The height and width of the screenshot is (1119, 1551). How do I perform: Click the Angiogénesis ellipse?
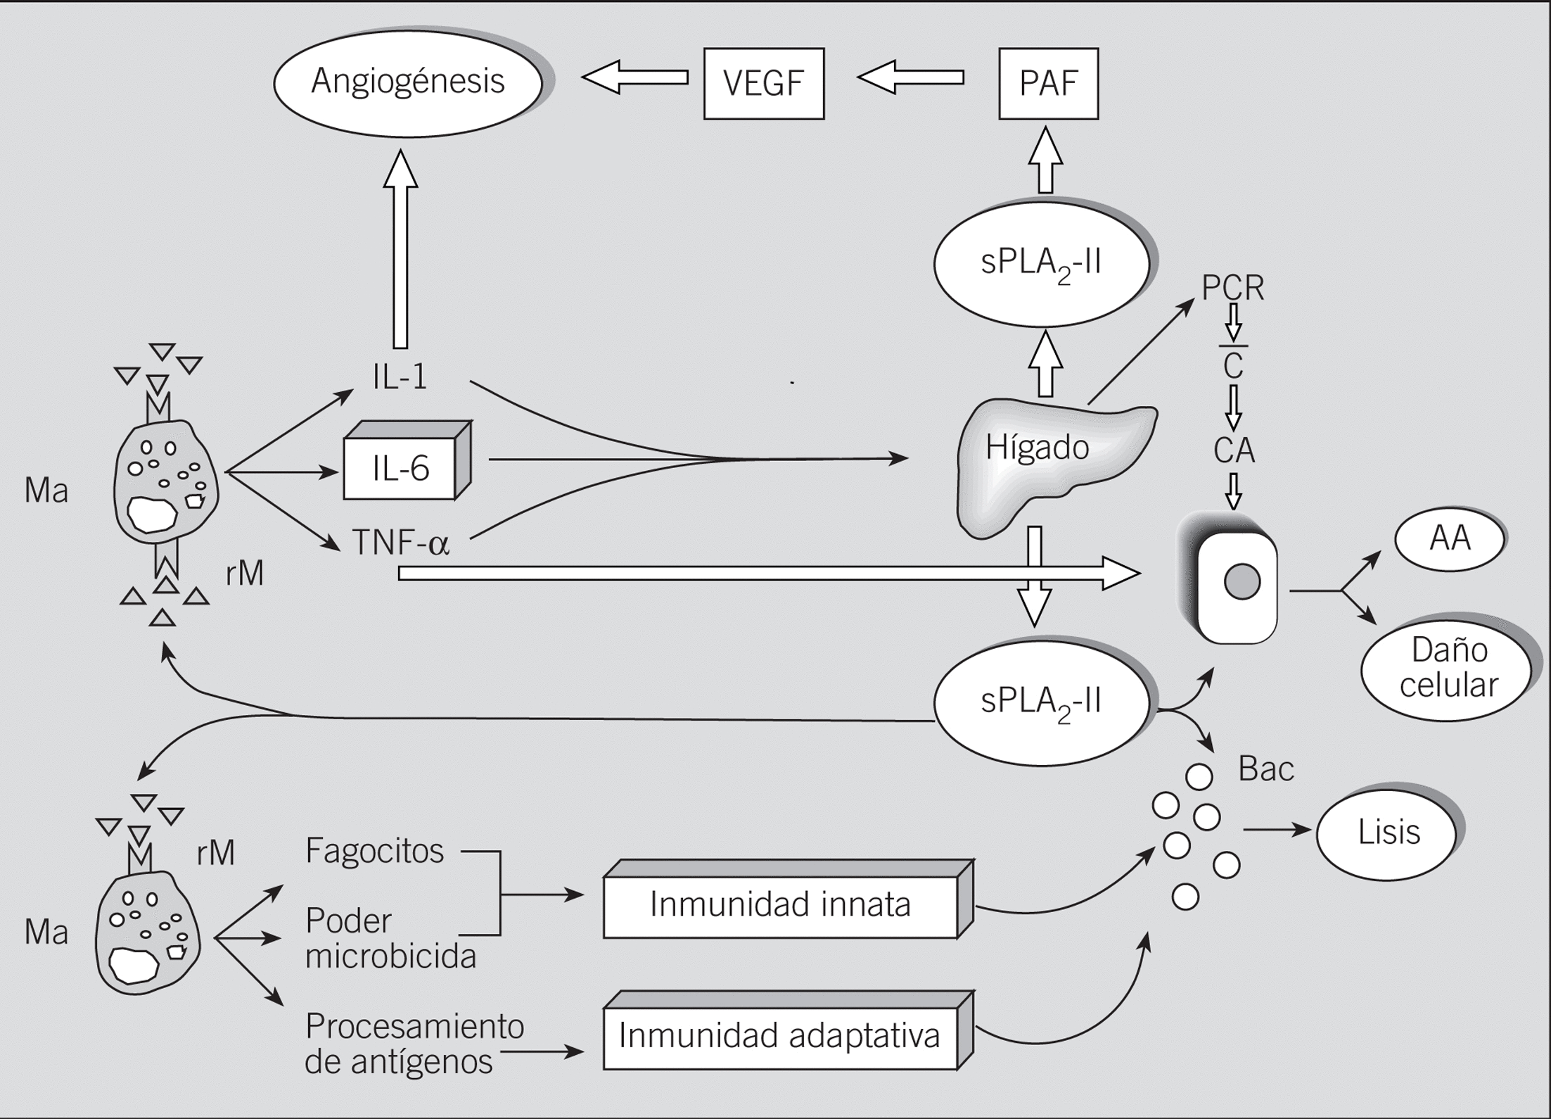[408, 82]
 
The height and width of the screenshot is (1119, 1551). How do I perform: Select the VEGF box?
[764, 84]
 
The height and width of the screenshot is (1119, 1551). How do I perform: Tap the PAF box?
[1048, 84]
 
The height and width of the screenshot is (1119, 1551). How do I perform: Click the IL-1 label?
[400, 378]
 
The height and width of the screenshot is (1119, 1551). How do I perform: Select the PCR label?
[1232, 288]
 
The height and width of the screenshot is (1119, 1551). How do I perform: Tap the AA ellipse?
[1450, 539]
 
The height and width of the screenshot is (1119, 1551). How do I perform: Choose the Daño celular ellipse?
[1448, 669]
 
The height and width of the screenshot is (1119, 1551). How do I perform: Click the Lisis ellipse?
[1389, 833]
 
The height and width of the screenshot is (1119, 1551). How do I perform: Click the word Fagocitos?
[374, 852]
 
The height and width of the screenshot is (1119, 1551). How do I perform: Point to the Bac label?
[1266, 769]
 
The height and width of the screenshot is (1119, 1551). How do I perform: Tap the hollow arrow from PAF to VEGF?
[911, 77]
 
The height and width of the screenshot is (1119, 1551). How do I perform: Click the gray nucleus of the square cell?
[1242, 582]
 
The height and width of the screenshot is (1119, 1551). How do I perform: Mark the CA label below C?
[1234, 450]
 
